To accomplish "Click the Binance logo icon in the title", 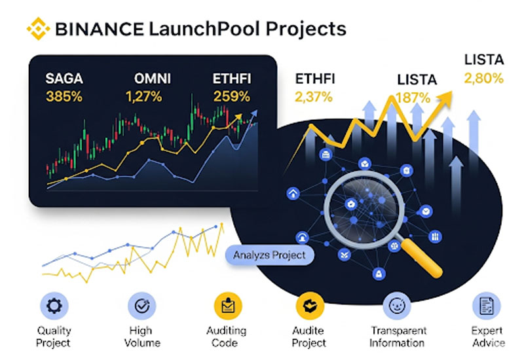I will (37, 28).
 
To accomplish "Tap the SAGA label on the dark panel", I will (64, 80).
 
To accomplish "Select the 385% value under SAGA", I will (64, 97).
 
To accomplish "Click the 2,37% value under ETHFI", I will (314, 98).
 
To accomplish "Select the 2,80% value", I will (483, 79).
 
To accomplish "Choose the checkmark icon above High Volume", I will (141, 304).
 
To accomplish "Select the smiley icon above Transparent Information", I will (398, 304).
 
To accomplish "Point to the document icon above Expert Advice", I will (485, 304).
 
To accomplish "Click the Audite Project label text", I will (309, 336).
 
